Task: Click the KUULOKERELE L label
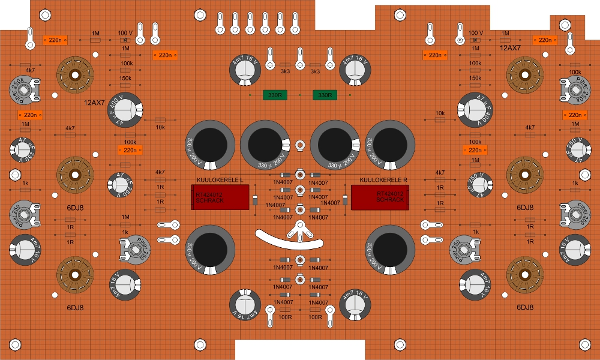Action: point(218,180)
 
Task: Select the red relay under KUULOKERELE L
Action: point(220,197)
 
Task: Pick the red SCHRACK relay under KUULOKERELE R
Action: point(379,197)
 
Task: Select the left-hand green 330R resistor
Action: point(275,95)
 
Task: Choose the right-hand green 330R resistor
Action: point(325,95)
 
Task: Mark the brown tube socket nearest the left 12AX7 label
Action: point(76,74)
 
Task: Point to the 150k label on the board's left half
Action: point(126,78)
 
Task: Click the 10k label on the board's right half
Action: point(440,113)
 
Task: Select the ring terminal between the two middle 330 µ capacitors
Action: point(299,145)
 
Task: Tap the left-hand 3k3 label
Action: point(285,71)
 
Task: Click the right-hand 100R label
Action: point(315,317)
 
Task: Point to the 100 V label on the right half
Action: point(475,32)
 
